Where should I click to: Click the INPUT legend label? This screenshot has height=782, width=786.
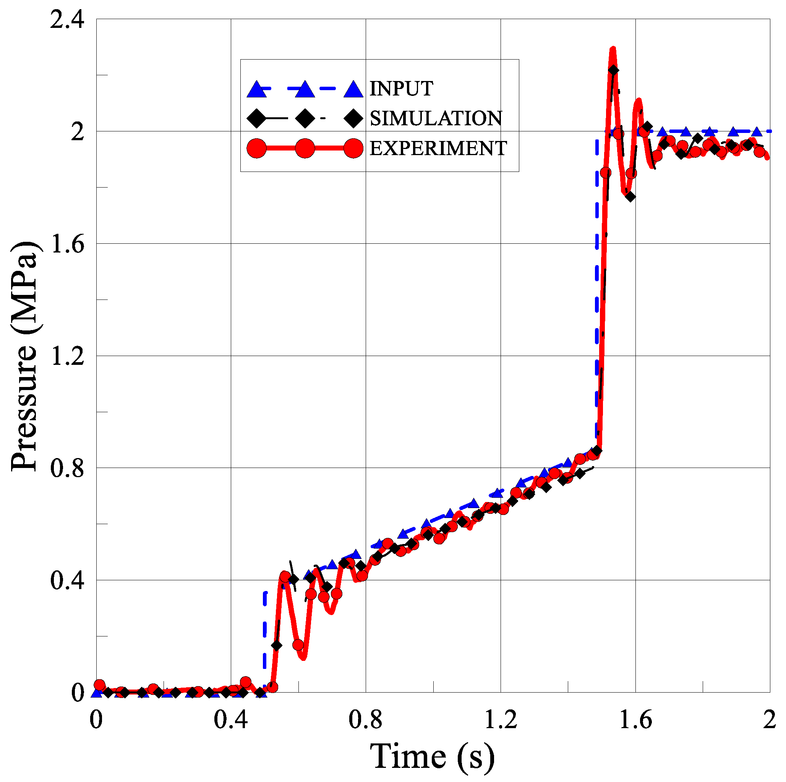pos(401,89)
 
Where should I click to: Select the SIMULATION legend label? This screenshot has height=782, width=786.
pos(436,118)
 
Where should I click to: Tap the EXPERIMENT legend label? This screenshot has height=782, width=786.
pos(438,149)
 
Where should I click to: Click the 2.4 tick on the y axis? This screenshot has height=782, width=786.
pos(67,19)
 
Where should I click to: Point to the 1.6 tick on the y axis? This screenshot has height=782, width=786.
pos(67,244)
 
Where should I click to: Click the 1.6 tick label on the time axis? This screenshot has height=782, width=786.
pos(635,719)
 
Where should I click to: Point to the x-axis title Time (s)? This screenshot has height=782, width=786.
pos(432,756)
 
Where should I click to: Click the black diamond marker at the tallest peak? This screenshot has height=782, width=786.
pos(614,70)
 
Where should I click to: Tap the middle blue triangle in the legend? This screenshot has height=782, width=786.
pos(305,89)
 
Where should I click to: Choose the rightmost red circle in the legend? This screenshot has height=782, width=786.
pos(353,149)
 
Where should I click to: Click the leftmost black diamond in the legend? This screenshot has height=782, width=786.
pos(256,118)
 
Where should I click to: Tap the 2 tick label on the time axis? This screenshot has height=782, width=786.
pos(769,719)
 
